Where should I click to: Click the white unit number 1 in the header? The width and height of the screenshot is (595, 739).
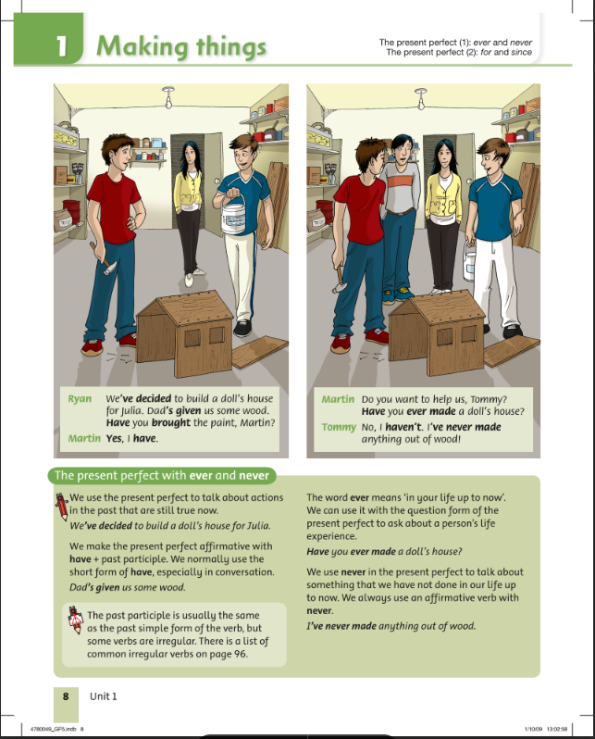click(62, 46)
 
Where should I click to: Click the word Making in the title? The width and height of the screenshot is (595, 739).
click(143, 47)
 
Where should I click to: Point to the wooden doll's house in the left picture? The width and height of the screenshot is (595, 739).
click(186, 332)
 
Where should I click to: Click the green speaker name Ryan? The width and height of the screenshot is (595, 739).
click(80, 399)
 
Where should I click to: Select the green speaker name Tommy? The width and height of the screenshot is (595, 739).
click(339, 428)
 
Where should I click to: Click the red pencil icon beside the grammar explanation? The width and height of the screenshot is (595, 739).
click(61, 507)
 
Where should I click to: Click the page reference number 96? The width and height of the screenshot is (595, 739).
click(241, 654)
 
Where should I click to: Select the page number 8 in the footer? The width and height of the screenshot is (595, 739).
click(66, 696)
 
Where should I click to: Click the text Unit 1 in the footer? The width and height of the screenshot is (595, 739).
click(103, 696)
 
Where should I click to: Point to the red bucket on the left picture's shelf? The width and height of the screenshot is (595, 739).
click(71, 212)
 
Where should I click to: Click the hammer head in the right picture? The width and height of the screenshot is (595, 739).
click(341, 286)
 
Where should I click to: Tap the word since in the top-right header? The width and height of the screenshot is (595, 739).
click(521, 52)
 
